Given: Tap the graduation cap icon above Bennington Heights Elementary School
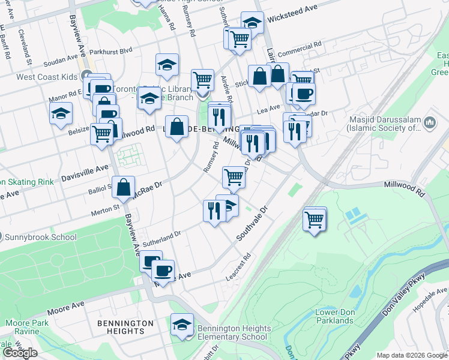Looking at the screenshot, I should [182, 325].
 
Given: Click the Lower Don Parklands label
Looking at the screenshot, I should [335, 316].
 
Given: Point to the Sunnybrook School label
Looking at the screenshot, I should [38, 236].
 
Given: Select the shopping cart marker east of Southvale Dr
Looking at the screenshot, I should [315, 220].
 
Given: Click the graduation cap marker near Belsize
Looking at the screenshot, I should [61, 113].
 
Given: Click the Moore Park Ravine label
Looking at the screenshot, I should [22, 327].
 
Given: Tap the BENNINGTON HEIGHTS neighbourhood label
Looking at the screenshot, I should [125, 327].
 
